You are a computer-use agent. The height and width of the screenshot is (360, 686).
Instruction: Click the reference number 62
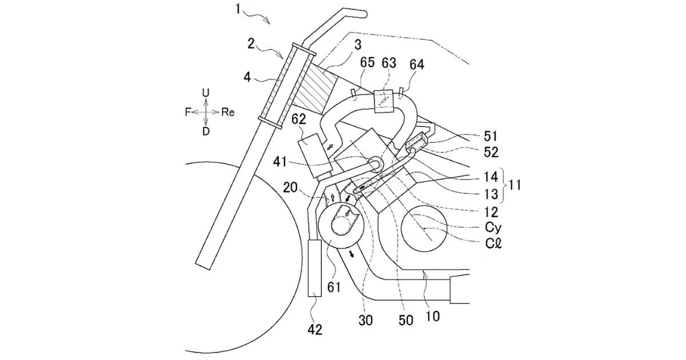(298, 119)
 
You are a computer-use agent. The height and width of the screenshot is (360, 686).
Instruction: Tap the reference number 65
(367, 62)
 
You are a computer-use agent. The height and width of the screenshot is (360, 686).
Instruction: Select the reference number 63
(389, 63)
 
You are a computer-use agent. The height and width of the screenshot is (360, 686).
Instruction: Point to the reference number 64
(417, 65)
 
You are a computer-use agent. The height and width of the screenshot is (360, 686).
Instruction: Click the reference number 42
(315, 330)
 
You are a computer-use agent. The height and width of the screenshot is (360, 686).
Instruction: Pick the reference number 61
(334, 287)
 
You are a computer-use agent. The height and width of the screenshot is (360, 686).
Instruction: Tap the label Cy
(493, 227)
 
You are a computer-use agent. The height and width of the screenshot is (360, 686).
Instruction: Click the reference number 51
(490, 137)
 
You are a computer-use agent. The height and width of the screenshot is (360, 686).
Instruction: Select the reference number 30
(365, 320)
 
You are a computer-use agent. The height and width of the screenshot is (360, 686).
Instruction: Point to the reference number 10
(432, 316)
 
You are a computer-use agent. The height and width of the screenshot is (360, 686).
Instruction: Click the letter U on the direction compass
(206, 93)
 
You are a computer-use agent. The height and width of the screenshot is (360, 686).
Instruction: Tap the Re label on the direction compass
(228, 112)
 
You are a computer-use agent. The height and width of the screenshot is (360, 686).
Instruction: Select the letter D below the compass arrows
(206, 131)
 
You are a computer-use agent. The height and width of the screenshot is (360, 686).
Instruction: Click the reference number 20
(290, 187)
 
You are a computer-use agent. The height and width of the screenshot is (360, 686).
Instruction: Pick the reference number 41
(280, 162)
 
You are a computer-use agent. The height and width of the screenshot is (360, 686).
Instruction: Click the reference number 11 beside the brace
(514, 185)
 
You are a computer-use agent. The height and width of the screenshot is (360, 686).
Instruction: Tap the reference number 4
(247, 78)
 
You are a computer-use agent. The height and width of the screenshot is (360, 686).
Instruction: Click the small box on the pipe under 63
(384, 101)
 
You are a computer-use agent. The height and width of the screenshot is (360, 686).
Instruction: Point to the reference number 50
(406, 320)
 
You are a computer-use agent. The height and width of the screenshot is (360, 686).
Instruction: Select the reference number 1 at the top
(238, 9)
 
